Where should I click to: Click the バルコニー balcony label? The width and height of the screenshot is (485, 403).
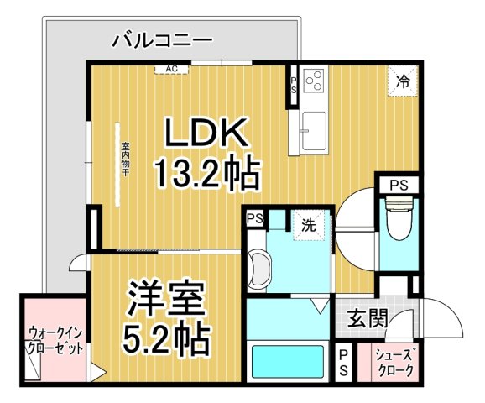[x=161, y=39]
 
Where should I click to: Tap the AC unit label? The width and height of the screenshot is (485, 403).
[x=171, y=69]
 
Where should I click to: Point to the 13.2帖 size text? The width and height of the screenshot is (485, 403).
[x=206, y=174]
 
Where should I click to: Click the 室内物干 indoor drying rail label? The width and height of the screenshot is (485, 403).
[x=124, y=155]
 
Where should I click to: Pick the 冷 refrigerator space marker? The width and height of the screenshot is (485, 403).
[x=403, y=81]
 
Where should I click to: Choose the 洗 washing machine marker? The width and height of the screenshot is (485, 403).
[x=308, y=224]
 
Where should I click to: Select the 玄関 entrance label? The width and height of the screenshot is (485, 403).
[x=367, y=318]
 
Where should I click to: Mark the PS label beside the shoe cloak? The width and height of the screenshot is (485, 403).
[x=343, y=364]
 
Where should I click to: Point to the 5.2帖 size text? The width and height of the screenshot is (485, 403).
[x=164, y=340]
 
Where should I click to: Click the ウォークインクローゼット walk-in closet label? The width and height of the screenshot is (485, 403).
[x=55, y=339]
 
